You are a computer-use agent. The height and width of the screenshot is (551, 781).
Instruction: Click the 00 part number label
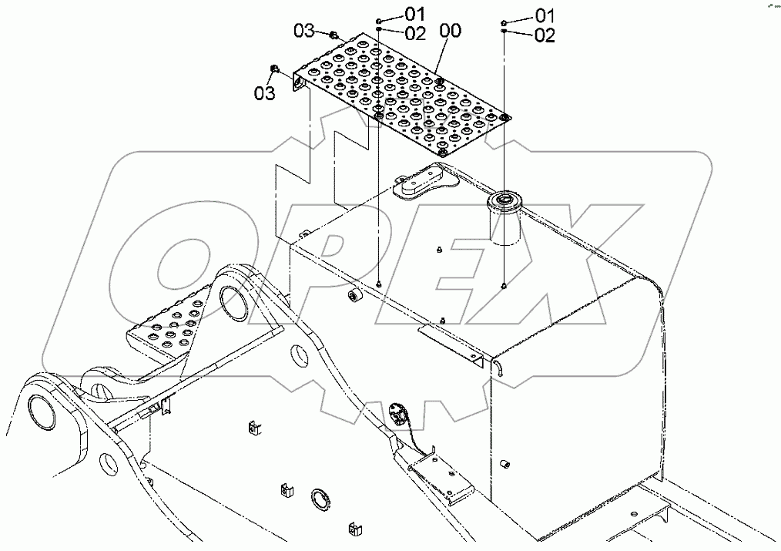[x=451, y=32]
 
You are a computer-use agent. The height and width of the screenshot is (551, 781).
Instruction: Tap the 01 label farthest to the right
[x=545, y=15]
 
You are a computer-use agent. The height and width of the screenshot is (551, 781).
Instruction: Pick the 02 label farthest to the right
[x=545, y=35]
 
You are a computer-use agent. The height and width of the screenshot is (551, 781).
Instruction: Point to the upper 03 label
[x=304, y=31]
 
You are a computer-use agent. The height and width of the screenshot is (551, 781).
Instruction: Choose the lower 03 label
[x=264, y=93]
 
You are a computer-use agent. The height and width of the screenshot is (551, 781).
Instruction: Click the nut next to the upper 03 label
[x=333, y=35]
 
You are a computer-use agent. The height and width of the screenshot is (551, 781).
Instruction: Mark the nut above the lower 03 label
[x=275, y=71]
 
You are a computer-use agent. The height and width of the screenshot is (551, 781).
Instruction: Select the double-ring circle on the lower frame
[x=320, y=499]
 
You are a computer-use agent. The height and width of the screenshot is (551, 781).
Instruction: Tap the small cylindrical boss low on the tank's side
[x=507, y=465]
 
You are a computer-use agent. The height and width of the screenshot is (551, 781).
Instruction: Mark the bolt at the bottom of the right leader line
[x=503, y=287]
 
